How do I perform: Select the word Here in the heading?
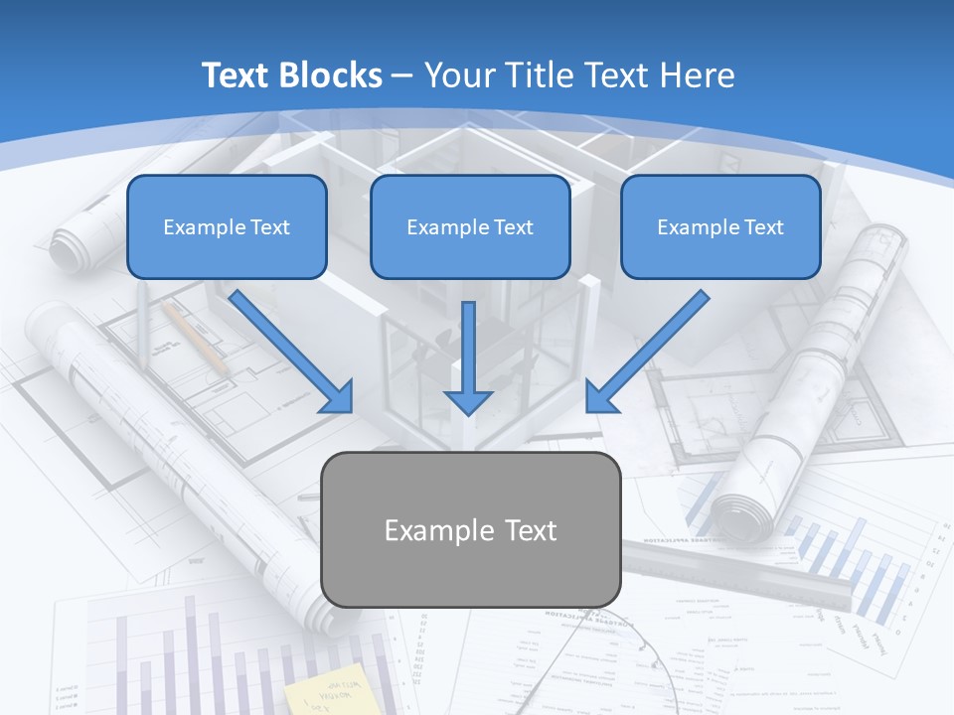695,75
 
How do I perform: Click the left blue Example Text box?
227,226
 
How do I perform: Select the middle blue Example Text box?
470,226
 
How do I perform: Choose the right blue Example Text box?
720,226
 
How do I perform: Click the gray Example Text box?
470,529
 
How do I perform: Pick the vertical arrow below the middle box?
468,357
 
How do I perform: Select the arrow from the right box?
646,352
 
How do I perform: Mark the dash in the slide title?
402,75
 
